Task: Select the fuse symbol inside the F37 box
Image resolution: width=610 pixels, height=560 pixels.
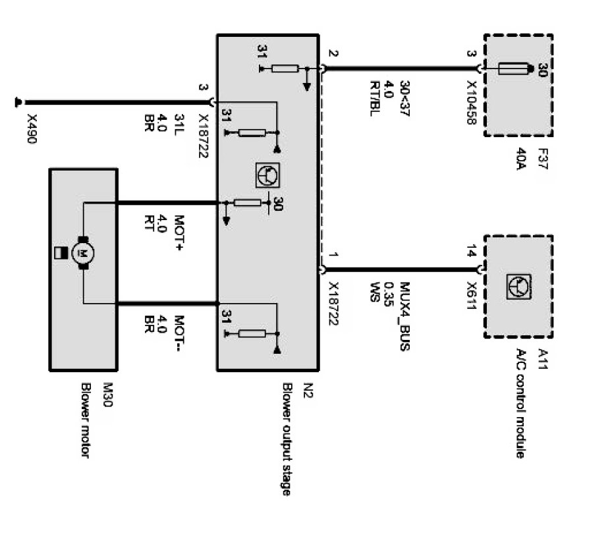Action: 516,68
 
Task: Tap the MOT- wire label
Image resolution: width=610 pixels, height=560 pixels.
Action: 179,332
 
